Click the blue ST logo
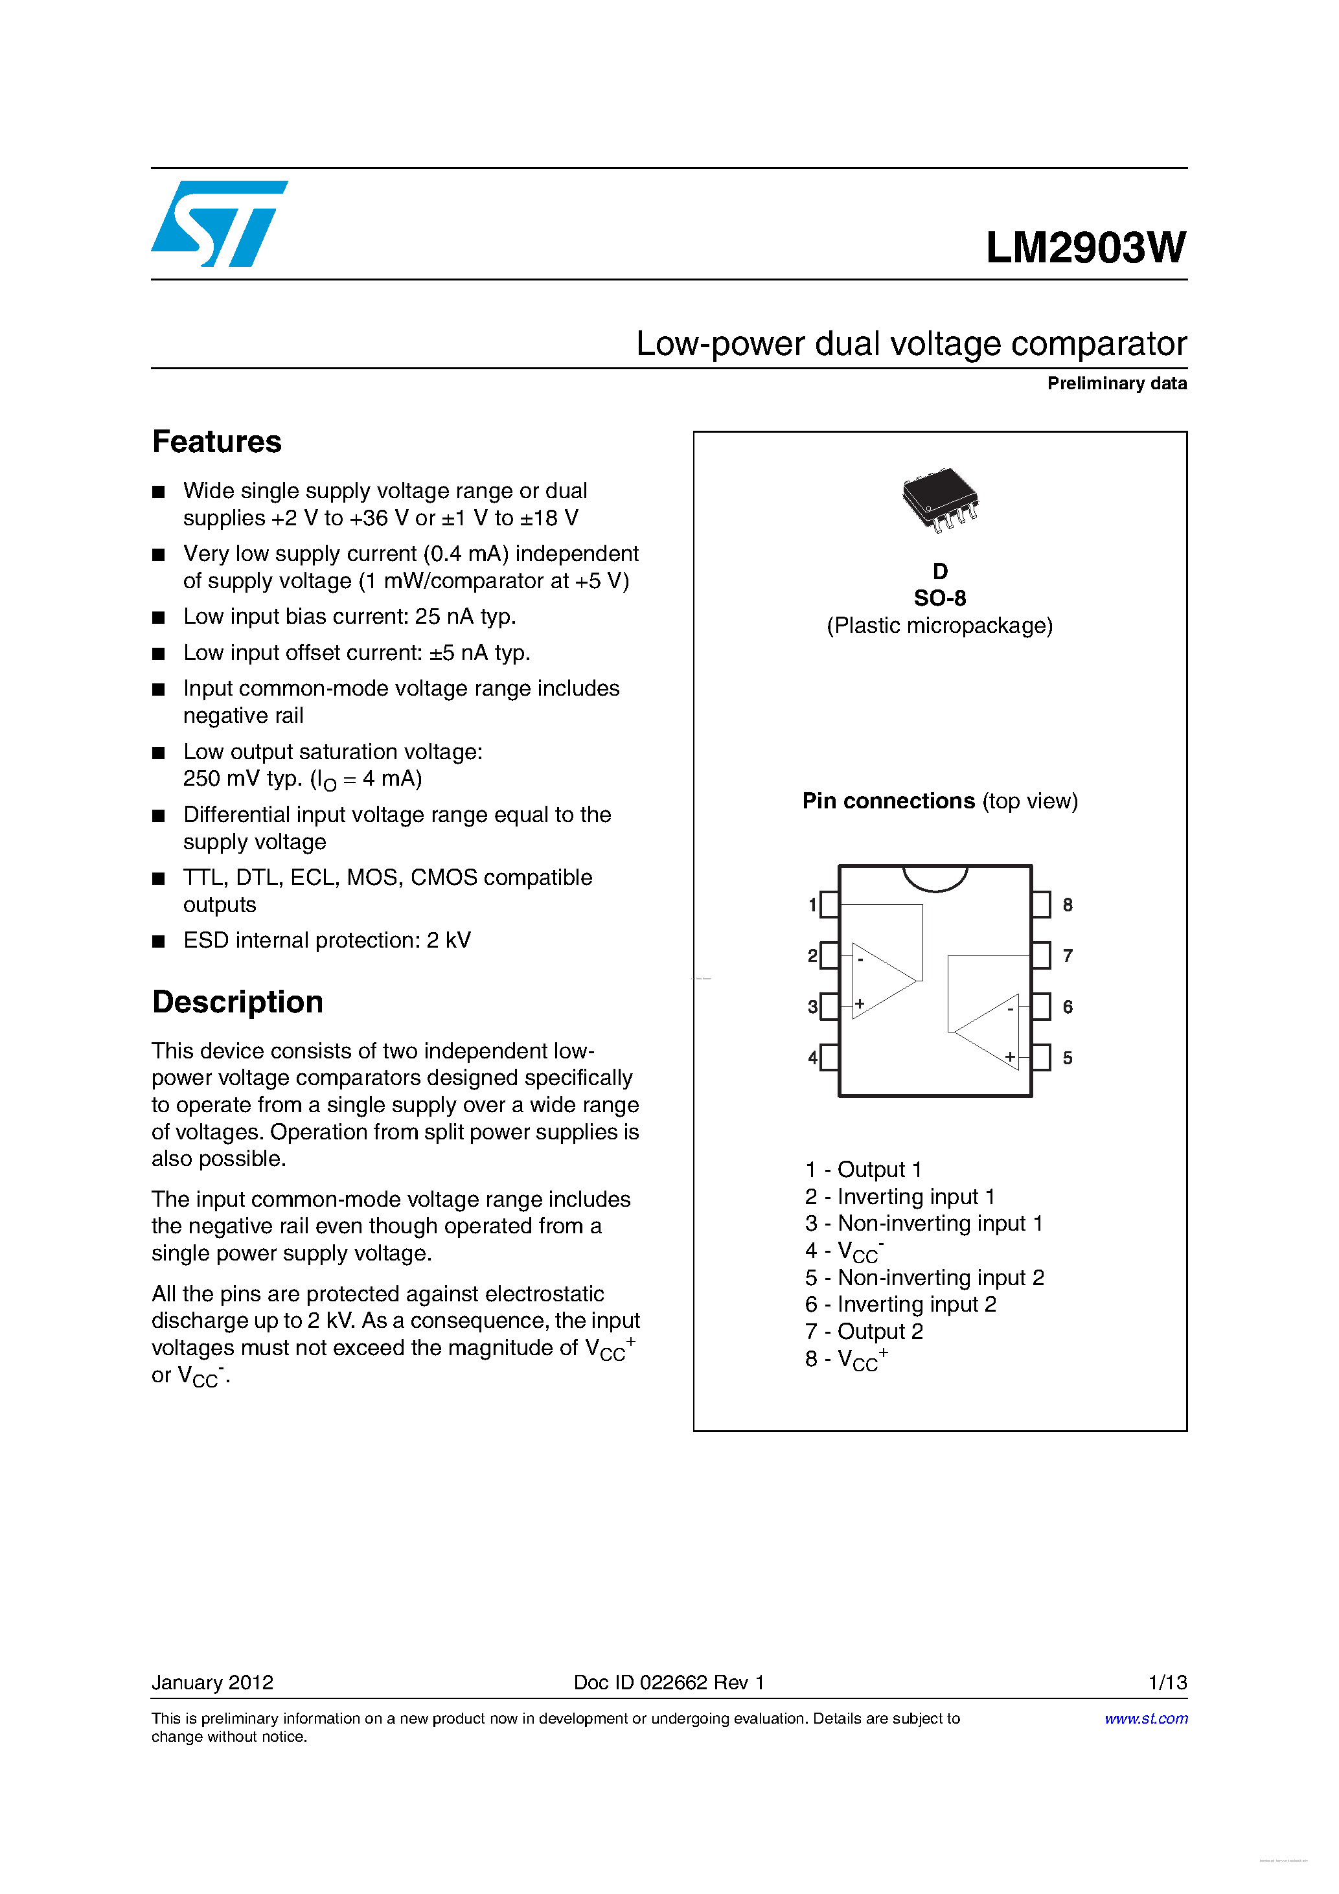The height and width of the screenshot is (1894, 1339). coord(218,223)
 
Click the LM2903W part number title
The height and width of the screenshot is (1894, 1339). coord(1085,247)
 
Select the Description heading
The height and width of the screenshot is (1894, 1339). coord(238,1002)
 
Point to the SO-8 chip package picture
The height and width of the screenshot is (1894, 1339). coord(940,498)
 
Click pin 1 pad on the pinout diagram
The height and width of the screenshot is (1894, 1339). coord(829,905)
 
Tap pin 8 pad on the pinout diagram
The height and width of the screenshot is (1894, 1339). coord(1041,905)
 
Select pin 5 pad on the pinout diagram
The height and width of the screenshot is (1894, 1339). coord(1041,1058)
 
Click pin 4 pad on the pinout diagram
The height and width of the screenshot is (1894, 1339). coord(829,1058)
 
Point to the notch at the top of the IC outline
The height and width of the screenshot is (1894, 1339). coord(935,878)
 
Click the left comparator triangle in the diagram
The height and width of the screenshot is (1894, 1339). coord(881,981)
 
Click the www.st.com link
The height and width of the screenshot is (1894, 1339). coord(1146,1718)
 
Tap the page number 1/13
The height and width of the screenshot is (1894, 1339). coord(1167,1682)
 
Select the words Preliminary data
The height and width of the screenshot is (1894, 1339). coord(1116,383)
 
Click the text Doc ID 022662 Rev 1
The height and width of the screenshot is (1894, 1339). coord(669,1682)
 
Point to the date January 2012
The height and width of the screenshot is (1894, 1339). coord(212,1682)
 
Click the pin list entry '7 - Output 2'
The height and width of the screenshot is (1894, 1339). coord(864,1331)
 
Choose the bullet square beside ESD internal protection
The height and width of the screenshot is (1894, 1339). coord(159,941)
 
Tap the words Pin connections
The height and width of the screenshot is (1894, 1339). coord(889,801)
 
